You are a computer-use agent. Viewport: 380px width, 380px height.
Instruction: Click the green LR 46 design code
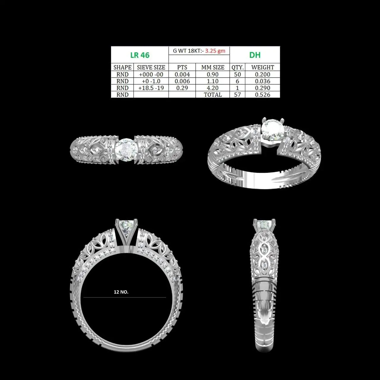coord(140,55)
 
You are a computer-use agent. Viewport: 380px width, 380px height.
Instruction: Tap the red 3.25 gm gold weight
coord(215,51)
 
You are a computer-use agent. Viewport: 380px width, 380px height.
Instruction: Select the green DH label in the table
coord(255,55)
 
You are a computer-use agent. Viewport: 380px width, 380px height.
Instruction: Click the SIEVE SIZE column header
coord(151,67)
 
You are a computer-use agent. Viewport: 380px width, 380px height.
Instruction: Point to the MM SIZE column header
coord(213,67)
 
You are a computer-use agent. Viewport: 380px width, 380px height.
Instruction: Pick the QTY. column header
coord(237,67)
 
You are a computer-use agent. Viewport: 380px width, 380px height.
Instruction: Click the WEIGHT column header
coord(263,67)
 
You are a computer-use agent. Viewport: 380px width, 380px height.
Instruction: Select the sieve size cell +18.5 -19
coord(151,88)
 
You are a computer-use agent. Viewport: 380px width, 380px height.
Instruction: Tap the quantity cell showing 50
coord(237,74)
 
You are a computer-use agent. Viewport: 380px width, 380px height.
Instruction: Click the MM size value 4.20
coord(213,88)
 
